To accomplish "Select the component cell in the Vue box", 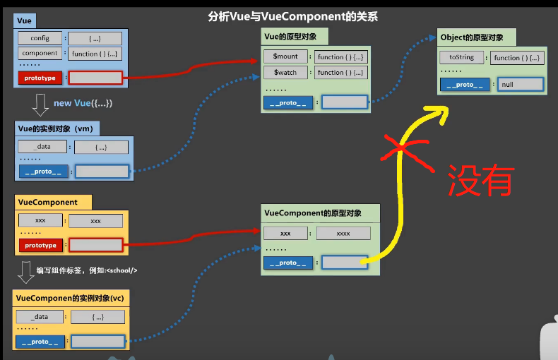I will coord(40,54).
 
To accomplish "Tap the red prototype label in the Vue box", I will coord(40,78).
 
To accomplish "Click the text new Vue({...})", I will coord(83,103).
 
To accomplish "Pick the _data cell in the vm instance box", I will coord(42,147).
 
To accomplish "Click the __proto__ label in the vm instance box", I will coord(44,171).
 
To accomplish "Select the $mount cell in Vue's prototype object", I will coord(285,56).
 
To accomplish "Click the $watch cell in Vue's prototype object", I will coord(285,72).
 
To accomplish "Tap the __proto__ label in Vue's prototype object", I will coord(287,102).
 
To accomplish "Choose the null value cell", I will coord(521,85).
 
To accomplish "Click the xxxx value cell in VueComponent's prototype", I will coord(343,233).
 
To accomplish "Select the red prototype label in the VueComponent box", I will coord(40,246).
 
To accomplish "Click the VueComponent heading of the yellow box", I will coord(47,202).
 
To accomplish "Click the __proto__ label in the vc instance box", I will coord(40,342).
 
